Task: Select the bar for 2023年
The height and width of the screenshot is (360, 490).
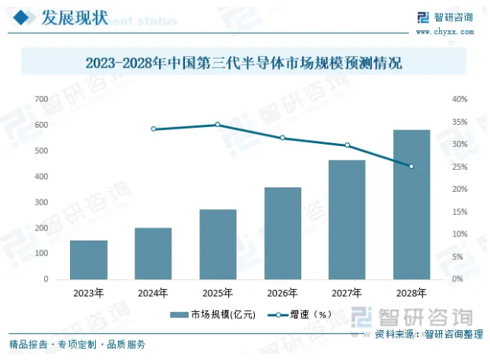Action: coord(88,260)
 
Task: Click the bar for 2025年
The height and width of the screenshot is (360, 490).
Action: coord(218,244)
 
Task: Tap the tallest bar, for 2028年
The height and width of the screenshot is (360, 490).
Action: coord(412,205)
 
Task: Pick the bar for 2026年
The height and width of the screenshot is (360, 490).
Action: coord(282,233)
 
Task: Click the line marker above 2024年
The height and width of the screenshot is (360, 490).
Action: coord(153,129)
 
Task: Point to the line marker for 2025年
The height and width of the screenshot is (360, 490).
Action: coord(218,125)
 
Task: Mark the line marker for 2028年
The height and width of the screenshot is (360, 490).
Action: coord(412,167)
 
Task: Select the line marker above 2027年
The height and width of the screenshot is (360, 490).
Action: coord(347,145)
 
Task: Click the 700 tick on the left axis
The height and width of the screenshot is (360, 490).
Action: coord(41,99)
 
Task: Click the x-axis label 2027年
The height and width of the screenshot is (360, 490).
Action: coord(347,292)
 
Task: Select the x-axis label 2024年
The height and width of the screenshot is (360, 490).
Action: coord(153,292)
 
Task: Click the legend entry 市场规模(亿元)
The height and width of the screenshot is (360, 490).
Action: coord(214,314)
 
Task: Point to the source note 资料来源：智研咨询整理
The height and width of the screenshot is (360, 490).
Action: coord(429,334)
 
